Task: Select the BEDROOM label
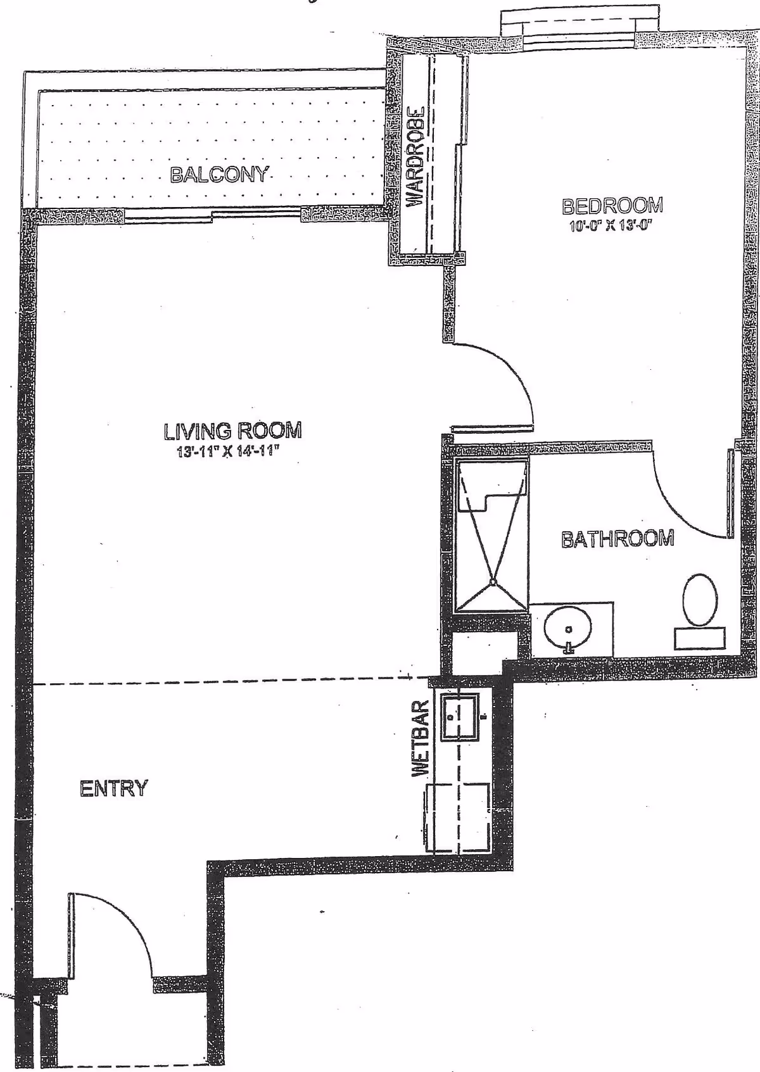(612, 206)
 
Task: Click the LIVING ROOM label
(232, 431)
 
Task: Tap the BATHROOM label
(617, 539)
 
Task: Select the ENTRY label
(114, 788)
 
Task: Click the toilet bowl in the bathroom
(699, 598)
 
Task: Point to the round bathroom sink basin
(568, 628)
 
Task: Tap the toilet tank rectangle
(699, 638)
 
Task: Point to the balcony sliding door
(212, 216)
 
